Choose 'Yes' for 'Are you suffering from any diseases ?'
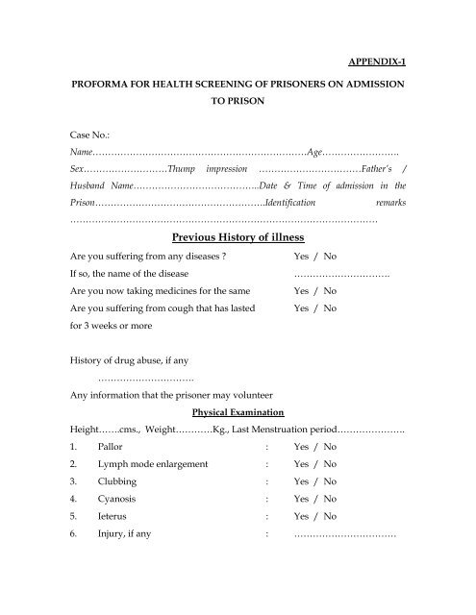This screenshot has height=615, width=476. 301,258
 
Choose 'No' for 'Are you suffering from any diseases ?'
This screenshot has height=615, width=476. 330,258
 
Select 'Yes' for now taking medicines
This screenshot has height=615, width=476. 301,291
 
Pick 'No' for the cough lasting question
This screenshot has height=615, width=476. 330,308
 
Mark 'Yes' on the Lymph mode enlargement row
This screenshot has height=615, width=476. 301,465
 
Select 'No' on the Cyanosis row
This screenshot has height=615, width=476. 330,499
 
